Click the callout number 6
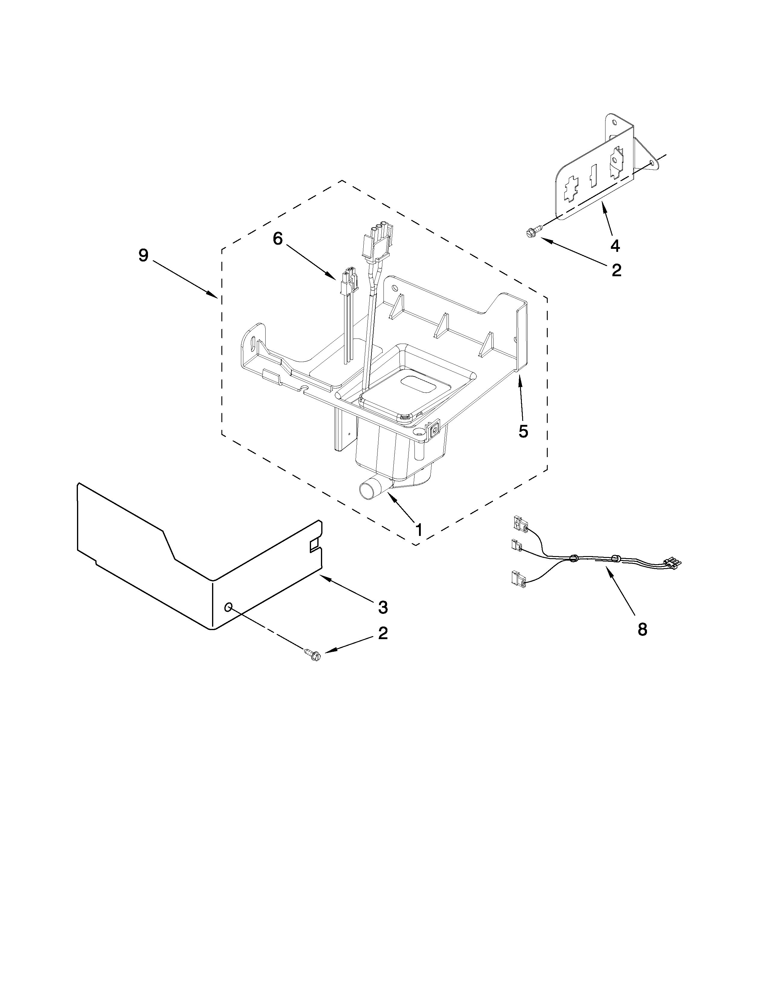pos(278,238)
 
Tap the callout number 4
pos(615,246)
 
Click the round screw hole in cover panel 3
pos(229,607)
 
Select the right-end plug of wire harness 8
pos(673,564)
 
